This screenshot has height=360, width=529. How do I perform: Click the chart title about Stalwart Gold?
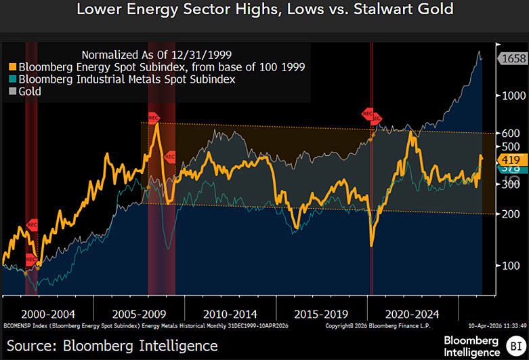tap(264, 10)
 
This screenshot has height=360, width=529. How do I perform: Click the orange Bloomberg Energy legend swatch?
tap(13, 67)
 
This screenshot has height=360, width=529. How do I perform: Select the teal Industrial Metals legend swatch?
tap(13, 79)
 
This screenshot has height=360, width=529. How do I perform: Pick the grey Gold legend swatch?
tap(13, 92)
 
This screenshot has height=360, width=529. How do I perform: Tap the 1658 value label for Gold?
tap(513, 59)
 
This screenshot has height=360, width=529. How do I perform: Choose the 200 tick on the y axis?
tap(511, 214)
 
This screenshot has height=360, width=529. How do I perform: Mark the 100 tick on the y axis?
tap(511, 265)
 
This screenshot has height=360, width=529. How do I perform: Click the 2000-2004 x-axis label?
tap(48, 314)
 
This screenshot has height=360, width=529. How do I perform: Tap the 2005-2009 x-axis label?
tap(140, 314)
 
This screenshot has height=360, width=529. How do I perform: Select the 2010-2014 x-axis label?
tap(231, 314)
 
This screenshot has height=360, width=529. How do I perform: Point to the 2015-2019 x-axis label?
tap(322, 314)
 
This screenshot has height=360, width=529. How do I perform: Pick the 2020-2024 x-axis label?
tap(412, 314)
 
